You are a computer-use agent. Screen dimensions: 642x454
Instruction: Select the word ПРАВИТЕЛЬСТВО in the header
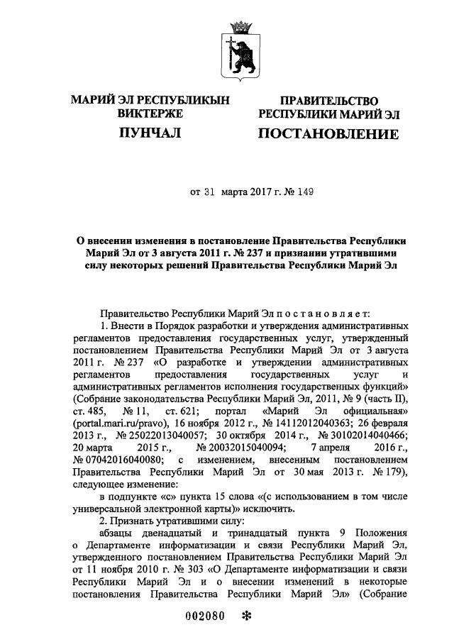[328, 102]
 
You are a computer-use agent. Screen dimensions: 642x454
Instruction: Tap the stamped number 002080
[206, 616]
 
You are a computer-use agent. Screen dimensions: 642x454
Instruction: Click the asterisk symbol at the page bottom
[248, 616]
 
